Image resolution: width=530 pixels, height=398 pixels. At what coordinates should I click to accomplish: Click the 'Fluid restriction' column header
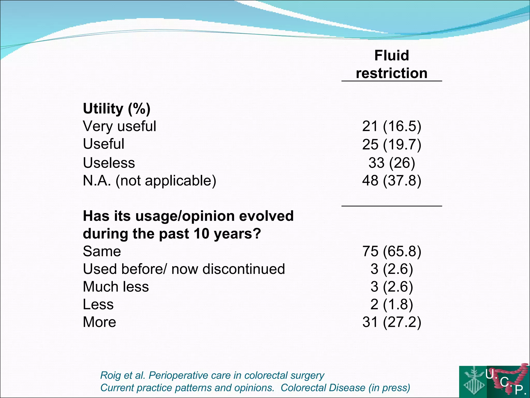point(392,64)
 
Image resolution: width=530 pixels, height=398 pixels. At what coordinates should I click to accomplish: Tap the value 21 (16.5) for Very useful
point(392,126)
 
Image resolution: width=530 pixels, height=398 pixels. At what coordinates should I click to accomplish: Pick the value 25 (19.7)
point(392,144)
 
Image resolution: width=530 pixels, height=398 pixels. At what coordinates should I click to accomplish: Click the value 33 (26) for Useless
point(392,163)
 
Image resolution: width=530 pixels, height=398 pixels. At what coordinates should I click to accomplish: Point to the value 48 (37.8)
point(392,181)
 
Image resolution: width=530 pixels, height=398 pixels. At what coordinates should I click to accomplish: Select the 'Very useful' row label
point(119,126)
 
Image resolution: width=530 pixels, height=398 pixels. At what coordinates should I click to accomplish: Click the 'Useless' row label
point(109,163)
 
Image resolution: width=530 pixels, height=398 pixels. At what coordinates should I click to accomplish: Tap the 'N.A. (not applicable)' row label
point(149,181)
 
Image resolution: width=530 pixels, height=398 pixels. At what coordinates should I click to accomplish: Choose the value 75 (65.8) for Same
point(392,251)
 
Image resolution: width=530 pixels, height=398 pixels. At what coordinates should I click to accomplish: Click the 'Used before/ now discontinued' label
point(184,269)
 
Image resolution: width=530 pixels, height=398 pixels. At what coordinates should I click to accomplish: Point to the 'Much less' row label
point(116,287)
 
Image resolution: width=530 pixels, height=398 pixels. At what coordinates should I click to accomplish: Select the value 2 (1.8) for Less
point(392,304)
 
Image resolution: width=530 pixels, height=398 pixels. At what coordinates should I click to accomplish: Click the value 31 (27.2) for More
point(392,322)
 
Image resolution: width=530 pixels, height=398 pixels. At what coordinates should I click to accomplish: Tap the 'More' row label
point(99,322)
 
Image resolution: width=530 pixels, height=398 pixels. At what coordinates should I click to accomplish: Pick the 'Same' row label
point(102,251)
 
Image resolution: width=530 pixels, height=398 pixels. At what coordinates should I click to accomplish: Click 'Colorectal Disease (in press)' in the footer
point(345,388)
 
